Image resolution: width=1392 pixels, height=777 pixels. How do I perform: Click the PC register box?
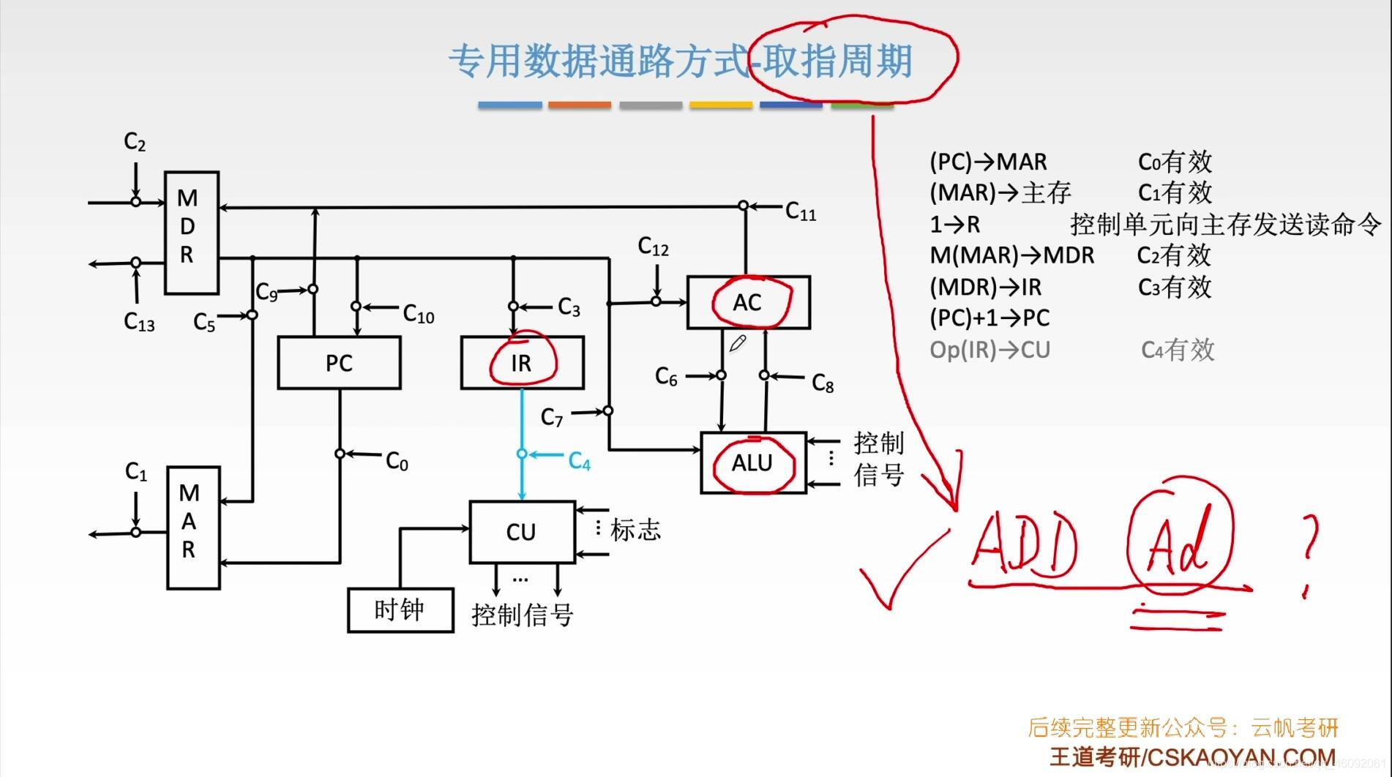pos(339,363)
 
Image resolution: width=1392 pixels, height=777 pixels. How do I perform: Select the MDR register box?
pos(191,233)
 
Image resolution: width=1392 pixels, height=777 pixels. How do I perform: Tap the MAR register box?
pos(193,527)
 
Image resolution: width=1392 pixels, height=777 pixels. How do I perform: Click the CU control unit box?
pos(522,532)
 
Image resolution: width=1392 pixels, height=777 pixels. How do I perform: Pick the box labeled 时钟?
pos(400,610)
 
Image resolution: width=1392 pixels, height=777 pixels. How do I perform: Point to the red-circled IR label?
pos(522,362)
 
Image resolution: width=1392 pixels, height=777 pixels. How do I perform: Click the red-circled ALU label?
pos(752,462)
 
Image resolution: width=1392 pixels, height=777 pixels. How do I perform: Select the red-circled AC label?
pos(748,301)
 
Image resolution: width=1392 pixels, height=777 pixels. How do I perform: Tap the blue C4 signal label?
pos(579,462)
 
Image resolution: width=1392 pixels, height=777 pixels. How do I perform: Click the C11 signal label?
pos(800,212)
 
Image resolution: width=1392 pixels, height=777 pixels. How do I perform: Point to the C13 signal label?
pos(139,322)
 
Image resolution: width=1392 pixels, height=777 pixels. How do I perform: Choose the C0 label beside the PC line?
pos(397,462)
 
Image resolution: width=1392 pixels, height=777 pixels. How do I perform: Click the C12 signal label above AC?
pos(653,247)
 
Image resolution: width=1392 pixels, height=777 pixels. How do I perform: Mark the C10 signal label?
pos(419,315)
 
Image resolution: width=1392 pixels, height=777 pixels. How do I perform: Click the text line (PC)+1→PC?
pos(989,318)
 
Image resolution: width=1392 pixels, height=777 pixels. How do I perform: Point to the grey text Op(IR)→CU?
pos(989,350)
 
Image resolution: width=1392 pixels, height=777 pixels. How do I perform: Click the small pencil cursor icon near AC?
pos(737,343)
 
